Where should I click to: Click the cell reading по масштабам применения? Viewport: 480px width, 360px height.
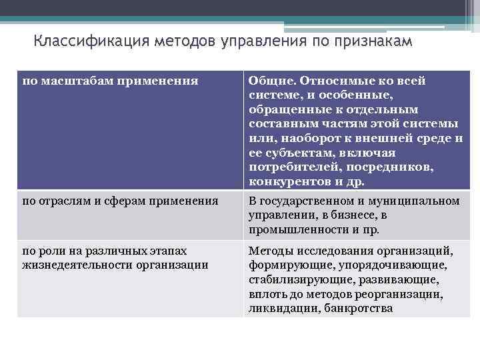(111, 81)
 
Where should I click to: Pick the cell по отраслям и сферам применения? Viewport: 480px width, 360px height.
(120, 200)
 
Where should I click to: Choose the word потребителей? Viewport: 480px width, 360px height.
(294, 167)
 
